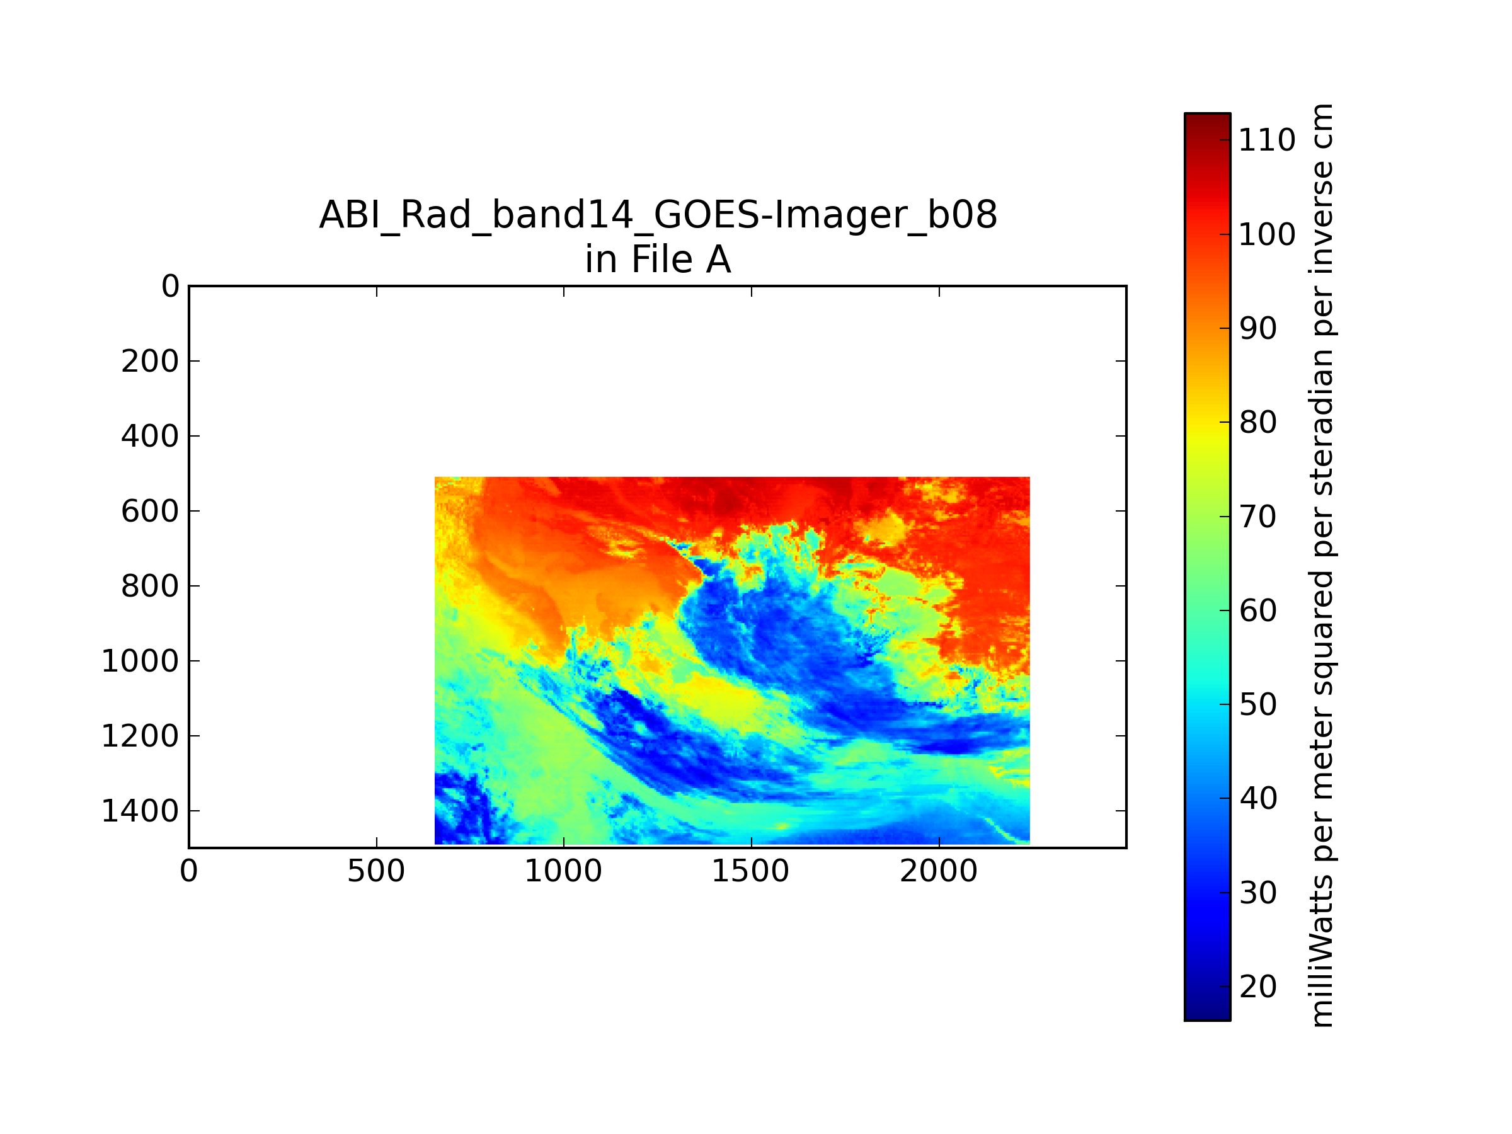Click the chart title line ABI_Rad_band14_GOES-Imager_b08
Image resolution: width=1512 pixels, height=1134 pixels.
tap(658, 215)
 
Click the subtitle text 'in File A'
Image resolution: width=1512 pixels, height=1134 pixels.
tap(658, 260)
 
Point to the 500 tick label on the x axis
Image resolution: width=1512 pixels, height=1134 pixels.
tap(376, 871)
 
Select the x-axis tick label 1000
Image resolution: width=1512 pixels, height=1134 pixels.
tap(563, 871)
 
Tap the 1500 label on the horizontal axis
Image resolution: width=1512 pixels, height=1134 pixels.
tap(750, 871)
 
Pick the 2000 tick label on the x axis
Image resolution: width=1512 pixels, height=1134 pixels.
tap(939, 871)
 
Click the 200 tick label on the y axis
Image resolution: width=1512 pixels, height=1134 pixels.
tap(151, 361)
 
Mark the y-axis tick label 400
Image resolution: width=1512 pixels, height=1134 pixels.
tap(151, 436)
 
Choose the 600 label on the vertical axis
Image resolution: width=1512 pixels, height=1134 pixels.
tap(151, 512)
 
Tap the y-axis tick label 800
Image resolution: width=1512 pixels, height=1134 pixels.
tap(151, 586)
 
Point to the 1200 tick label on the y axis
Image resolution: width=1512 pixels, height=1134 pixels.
tap(140, 736)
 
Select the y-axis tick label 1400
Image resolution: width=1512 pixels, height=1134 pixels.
tap(140, 811)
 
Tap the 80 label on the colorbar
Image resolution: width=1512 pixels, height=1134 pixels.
tap(1257, 423)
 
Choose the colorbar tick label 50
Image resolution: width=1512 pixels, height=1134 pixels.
tap(1257, 704)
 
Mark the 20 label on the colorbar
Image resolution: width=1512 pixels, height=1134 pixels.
tap(1257, 987)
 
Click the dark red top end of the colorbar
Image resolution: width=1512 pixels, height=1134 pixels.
tap(1207, 118)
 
